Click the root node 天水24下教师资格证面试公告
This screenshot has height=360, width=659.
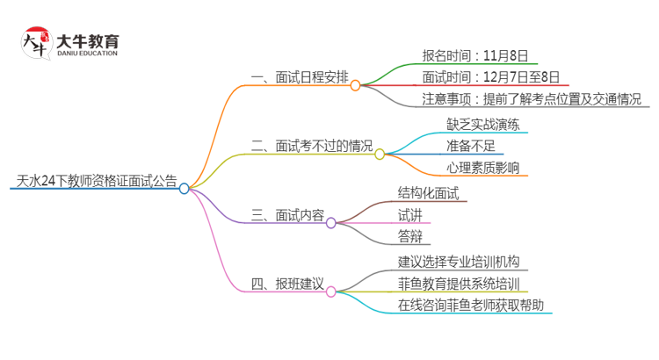tap(97, 182)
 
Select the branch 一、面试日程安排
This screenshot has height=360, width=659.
tap(299, 77)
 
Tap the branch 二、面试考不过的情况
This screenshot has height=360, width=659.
tap(311, 145)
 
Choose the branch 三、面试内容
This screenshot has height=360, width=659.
tap(287, 214)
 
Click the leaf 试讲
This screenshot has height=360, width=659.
tap(409, 214)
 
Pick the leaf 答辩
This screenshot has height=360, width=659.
tap(409, 235)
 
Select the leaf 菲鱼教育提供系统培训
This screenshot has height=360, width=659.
tap(458, 284)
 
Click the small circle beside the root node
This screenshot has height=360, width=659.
tap(185, 188)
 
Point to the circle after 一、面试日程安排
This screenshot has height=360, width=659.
tap(356, 85)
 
